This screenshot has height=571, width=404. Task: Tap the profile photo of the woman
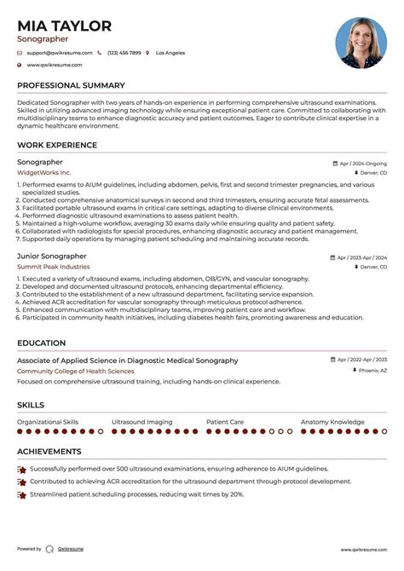[361, 43]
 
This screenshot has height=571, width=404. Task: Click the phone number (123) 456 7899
[124, 53]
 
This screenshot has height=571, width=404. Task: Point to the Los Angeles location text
[170, 53]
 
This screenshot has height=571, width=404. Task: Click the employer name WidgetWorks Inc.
[43, 172]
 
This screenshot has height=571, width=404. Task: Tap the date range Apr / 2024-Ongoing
[362, 162]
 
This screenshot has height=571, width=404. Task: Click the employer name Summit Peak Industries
[53, 267]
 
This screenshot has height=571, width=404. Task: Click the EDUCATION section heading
[42, 343]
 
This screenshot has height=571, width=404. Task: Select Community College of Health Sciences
[75, 371]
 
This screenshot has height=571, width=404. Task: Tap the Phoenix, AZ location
[372, 371]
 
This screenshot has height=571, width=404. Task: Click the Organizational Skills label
[48, 421]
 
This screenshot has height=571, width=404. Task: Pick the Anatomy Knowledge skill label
[332, 421]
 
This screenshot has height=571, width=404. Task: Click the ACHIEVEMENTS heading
[49, 452]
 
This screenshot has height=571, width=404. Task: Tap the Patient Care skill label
[225, 421]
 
